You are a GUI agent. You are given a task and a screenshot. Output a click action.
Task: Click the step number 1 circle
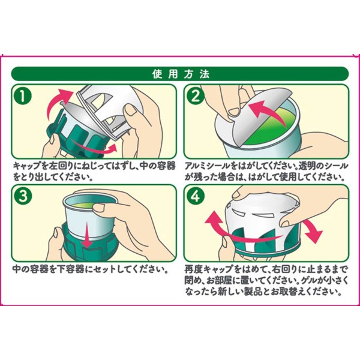[x=23, y=96]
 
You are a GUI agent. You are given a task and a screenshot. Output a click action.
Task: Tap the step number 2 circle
[x=196, y=96]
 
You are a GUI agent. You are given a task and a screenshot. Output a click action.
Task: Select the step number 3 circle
[x=23, y=197]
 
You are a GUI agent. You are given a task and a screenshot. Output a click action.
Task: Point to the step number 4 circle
[x=196, y=197]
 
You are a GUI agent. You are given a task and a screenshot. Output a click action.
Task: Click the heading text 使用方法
[x=181, y=74]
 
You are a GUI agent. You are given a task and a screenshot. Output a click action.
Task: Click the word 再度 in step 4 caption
[x=194, y=269]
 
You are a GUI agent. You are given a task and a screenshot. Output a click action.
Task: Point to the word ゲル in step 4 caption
[x=313, y=281]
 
